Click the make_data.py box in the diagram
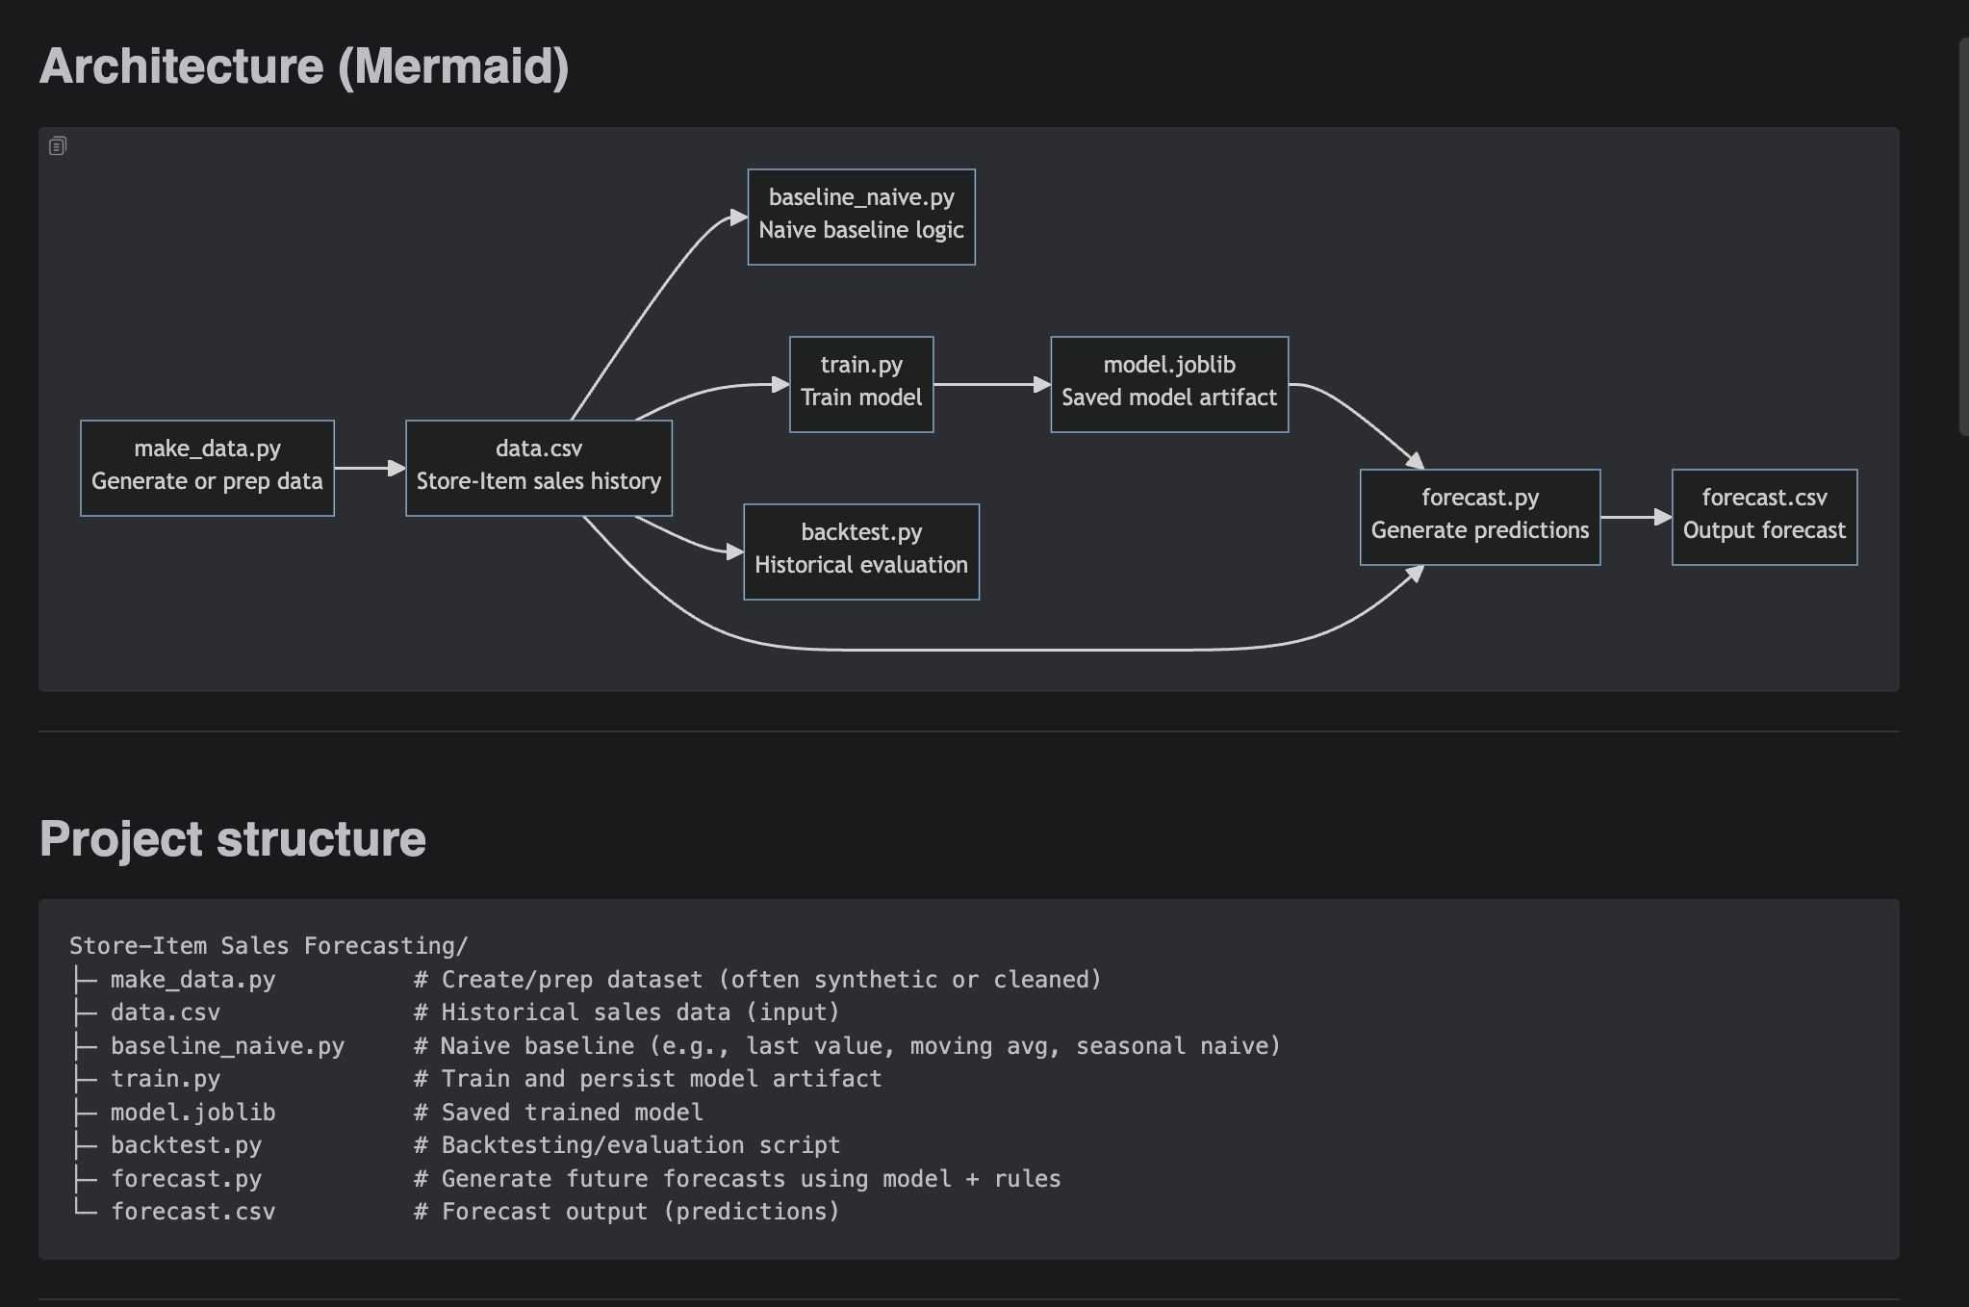tap(207, 468)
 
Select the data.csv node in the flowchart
tap(538, 468)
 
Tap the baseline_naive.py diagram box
tap(861, 217)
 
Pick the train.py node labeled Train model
tap(861, 384)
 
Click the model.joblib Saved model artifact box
tap(1169, 384)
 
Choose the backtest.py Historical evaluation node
tap(861, 551)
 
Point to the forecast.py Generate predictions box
tap(1480, 517)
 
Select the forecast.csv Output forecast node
tap(1764, 517)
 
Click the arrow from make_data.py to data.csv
tap(370, 468)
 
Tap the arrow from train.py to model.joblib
tap(991, 384)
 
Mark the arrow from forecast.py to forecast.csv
tap(1635, 517)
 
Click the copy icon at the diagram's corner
tap(58, 146)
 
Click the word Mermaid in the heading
tap(452, 66)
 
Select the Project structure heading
tap(233, 838)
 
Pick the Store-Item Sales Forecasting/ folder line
tap(268, 946)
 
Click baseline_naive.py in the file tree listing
tap(227, 1046)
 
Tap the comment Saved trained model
tap(572, 1113)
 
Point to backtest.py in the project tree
tap(186, 1145)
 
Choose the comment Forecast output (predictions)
tap(640, 1212)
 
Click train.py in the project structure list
tap(166, 1079)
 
